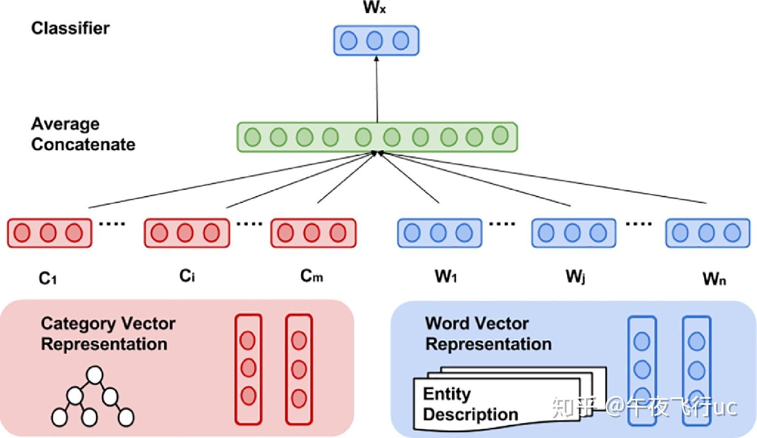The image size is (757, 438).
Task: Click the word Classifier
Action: pos(70,28)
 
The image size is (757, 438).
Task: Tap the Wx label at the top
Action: pos(375,8)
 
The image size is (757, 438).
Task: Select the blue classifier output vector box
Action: pos(376,41)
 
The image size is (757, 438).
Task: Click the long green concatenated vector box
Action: pos(377,137)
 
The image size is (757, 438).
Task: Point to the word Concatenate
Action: pos(83,144)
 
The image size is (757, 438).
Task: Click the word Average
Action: pos(65,124)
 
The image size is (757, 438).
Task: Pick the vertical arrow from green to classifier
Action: pos(377,89)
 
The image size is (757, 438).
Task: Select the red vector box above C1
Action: pos(49,233)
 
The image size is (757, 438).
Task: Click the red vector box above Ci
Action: pos(186,233)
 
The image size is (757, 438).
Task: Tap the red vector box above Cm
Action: pos(313,233)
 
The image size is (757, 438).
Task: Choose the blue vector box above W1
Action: pos(439,233)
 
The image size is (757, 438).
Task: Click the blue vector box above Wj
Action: pos(573,233)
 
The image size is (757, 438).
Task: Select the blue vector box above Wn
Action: pos(707,233)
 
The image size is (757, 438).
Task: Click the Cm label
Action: pos(311,276)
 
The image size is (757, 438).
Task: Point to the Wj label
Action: pos(575,277)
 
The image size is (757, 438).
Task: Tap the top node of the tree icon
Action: pos(94,375)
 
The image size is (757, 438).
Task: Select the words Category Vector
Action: pos(108,324)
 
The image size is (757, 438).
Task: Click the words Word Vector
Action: pos(477,323)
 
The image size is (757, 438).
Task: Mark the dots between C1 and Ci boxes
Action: pos(112,224)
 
